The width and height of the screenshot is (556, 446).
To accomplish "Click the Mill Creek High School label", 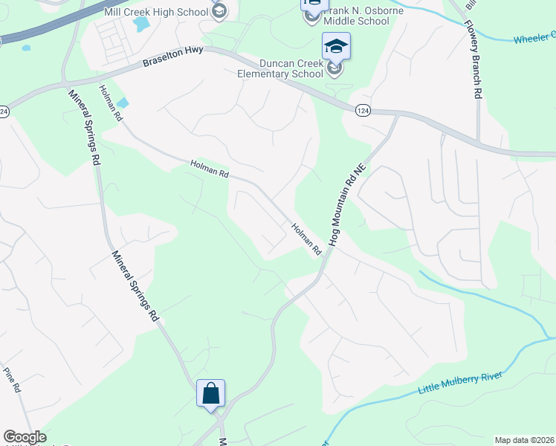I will [x=164, y=11].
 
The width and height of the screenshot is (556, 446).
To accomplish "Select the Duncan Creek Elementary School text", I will [x=281, y=69].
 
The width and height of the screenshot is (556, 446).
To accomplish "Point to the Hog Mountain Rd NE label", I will [x=349, y=205].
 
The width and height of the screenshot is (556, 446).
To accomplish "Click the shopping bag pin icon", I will [x=210, y=393].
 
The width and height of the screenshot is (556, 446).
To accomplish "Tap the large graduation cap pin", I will [x=336, y=48].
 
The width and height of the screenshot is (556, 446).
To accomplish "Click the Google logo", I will [x=24, y=437].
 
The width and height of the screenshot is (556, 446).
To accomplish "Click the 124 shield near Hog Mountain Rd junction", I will [x=362, y=110].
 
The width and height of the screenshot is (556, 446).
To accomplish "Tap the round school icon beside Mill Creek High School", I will [x=219, y=10].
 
